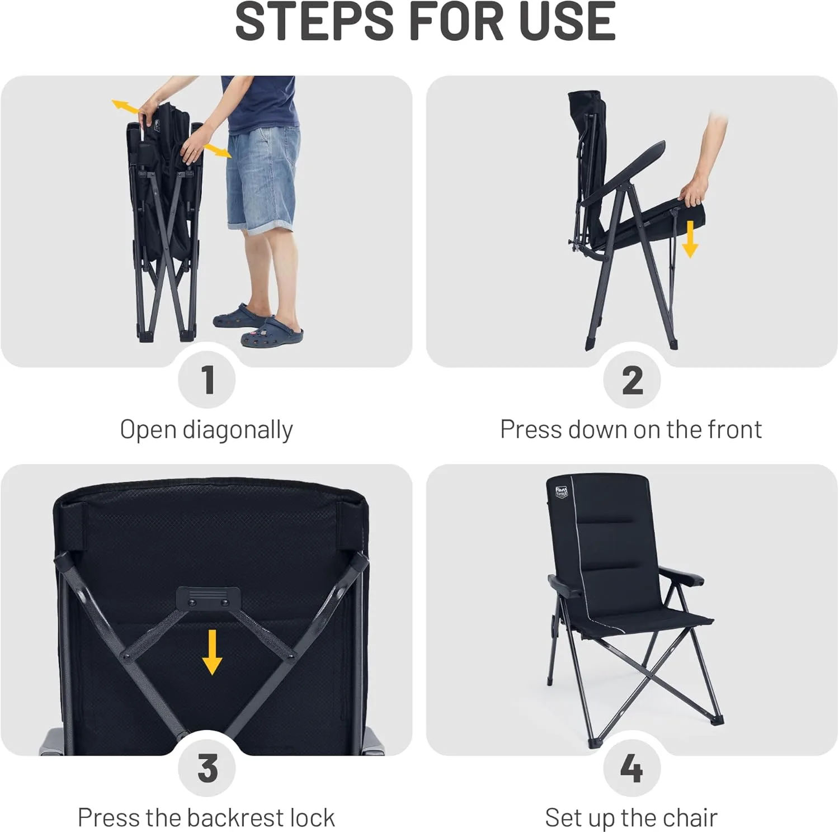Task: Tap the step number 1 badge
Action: [207, 380]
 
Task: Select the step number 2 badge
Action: [632, 380]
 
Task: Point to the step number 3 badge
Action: [207, 768]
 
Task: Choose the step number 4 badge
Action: [632, 768]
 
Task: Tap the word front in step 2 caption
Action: [734, 429]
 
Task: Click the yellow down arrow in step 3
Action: [212, 652]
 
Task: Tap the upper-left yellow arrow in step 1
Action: [125, 107]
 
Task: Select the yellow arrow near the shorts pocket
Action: [217, 150]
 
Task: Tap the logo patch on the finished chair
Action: [562, 492]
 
